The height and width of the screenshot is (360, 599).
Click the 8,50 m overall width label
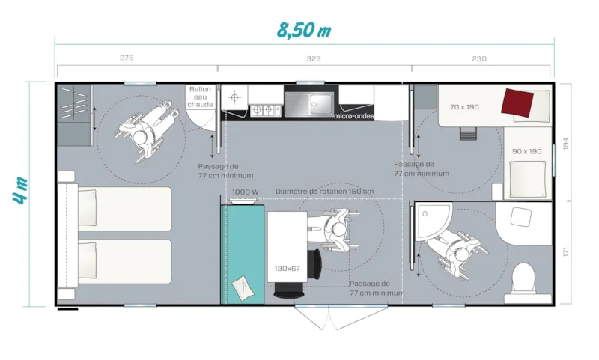[x=302, y=31]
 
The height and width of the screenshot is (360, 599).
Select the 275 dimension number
[x=126, y=58]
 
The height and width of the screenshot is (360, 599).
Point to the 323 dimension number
[x=314, y=58]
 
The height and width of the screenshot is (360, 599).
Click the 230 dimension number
[x=479, y=58]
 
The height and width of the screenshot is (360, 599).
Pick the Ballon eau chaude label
[x=200, y=97]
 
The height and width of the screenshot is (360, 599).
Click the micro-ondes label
[x=353, y=116]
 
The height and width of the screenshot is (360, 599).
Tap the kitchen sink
[x=308, y=103]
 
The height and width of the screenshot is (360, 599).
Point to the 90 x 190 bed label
[x=526, y=151]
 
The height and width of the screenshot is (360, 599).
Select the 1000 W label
[x=245, y=192]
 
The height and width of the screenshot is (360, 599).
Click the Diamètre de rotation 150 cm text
[x=324, y=192]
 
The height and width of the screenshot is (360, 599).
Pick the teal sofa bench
[x=243, y=254]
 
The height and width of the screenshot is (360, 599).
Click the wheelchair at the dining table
[x=337, y=231]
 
